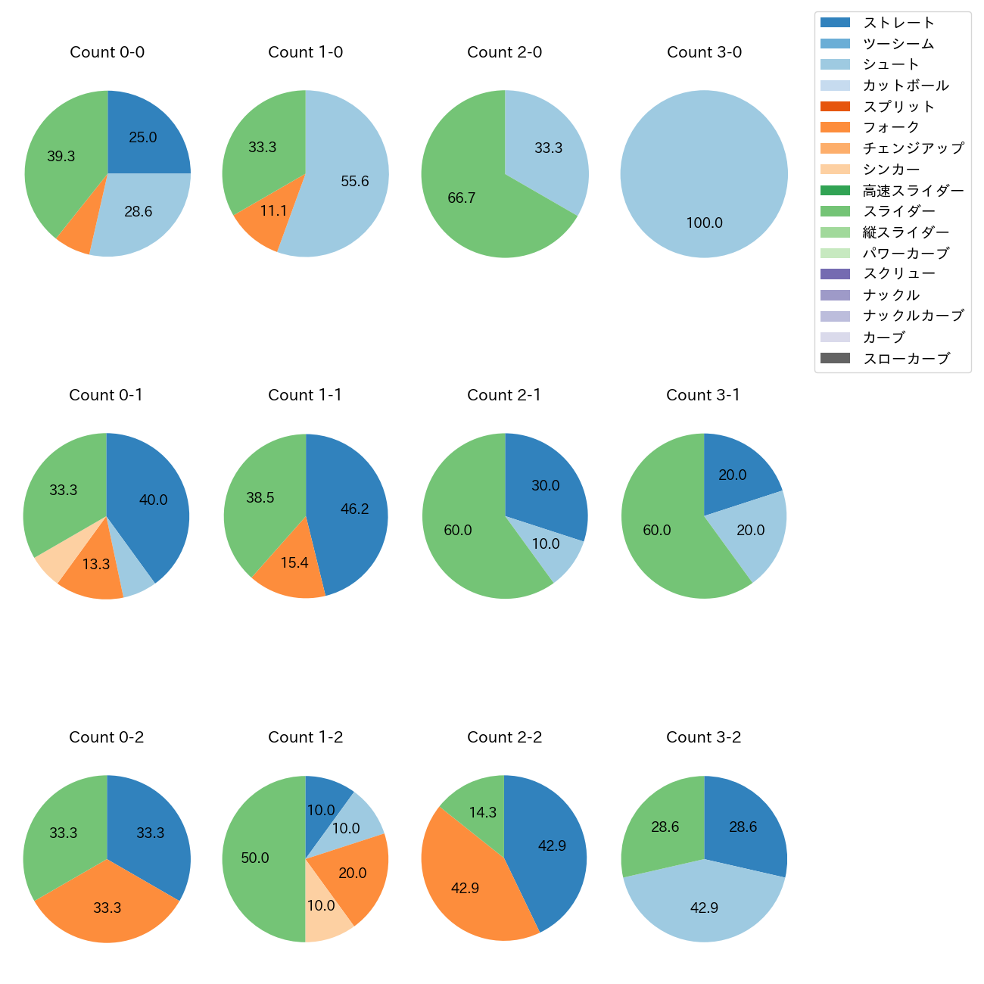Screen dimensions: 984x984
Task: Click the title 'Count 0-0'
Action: [x=107, y=52]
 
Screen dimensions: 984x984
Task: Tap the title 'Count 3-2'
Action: [x=703, y=737]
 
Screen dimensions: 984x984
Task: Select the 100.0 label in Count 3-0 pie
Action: [x=704, y=223]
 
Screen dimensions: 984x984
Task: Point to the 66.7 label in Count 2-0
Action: [x=462, y=198]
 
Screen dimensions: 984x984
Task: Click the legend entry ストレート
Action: [x=898, y=23]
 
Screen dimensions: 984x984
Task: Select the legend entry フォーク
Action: [x=891, y=127]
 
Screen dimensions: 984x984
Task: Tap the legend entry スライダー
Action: [x=898, y=211]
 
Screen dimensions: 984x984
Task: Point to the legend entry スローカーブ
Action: [x=906, y=359]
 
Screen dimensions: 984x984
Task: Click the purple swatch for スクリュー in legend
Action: [x=835, y=274]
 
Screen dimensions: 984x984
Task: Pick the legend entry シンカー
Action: [x=891, y=170]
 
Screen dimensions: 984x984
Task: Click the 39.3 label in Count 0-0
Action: [x=61, y=157]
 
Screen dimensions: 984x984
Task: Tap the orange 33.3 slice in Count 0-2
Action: [x=107, y=908]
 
